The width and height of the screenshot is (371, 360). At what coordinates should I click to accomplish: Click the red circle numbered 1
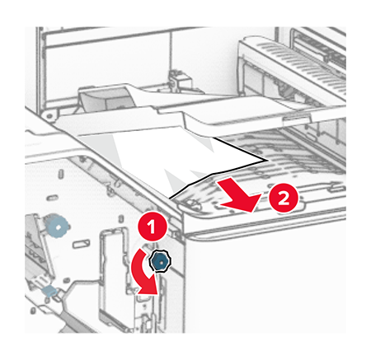[x=152, y=227]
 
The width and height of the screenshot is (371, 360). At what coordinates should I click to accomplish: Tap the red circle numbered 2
[x=284, y=198]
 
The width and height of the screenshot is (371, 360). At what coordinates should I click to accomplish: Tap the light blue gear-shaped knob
[x=58, y=227]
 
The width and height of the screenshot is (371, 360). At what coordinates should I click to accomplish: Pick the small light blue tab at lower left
[x=49, y=291]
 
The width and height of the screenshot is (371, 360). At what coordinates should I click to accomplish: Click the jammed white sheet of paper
[x=171, y=159]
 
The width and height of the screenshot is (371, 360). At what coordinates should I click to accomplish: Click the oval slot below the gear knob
[x=81, y=244]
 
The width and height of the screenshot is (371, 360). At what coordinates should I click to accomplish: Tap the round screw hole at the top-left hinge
[x=49, y=115]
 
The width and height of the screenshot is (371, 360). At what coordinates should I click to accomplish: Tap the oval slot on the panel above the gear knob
[x=52, y=197]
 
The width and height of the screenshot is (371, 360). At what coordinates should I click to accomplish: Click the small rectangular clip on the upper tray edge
[x=295, y=118]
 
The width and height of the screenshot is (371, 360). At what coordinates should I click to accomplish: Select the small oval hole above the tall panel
[x=120, y=219]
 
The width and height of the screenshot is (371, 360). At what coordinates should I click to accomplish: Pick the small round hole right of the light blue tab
[x=66, y=279]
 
